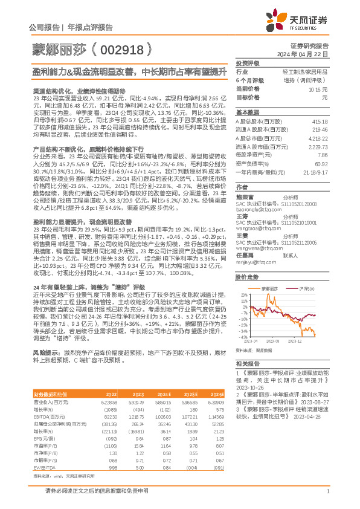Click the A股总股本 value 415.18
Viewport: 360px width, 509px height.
point(320,123)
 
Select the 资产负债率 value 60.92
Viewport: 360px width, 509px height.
point(320,163)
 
